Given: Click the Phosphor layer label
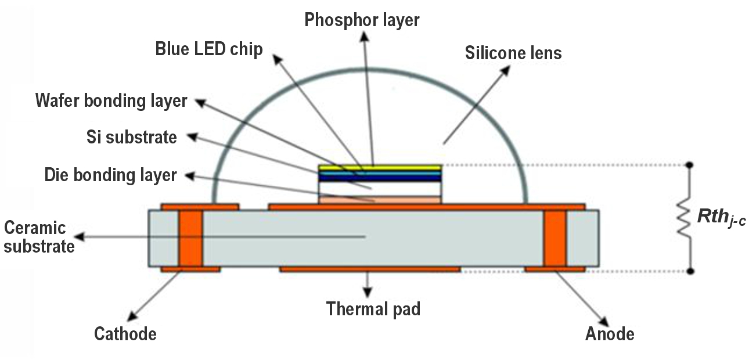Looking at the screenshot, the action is [x=362, y=20].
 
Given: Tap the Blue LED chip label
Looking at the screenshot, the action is [x=209, y=49].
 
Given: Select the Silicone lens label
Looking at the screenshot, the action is [x=513, y=53].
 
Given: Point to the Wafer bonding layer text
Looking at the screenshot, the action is [x=111, y=100].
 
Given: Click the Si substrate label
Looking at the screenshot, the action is [x=132, y=137].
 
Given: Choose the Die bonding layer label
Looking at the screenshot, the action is [x=111, y=175].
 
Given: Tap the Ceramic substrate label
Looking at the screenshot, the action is [x=39, y=237].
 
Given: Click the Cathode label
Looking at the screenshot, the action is [x=125, y=334].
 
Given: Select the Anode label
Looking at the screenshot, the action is [x=610, y=334].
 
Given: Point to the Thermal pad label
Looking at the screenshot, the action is [x=373, y=309].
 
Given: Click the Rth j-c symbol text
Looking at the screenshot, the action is [x=722, y=217].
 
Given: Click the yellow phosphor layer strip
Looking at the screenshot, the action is [x=380, y=168].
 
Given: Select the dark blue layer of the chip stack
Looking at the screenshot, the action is [x=380, y=178].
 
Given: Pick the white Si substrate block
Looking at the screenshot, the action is [x=380, y=189].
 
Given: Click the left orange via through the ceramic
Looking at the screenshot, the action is [x=190, y=238].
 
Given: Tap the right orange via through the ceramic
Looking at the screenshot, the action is [x=555, y=238].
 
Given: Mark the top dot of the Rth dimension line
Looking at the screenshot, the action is [x=690, y=165].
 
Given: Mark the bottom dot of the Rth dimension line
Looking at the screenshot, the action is [x=690, y=271].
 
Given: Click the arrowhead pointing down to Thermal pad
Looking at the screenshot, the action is [x=368, y=292].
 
